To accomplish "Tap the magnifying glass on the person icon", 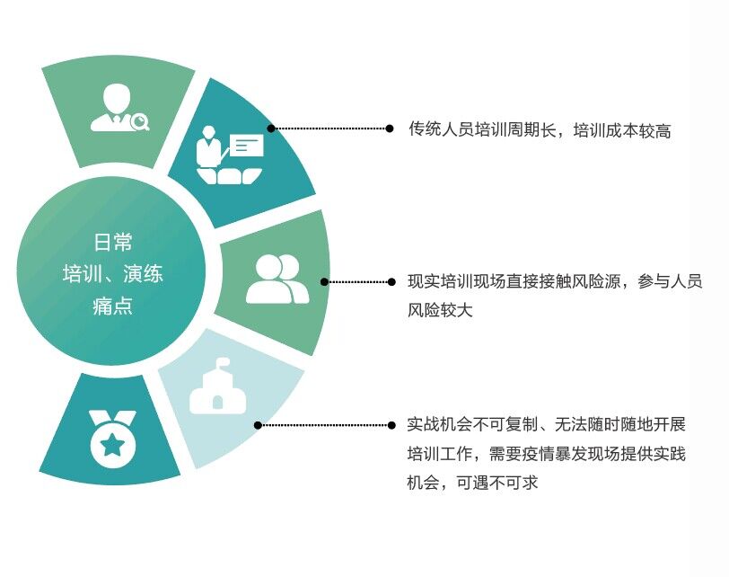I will coord(139,121).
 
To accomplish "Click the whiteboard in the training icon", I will coord(246,145).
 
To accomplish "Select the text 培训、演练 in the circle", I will coord(113,274).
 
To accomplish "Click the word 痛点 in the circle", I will coord(113,306).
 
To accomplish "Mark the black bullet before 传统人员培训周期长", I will coord(390,129).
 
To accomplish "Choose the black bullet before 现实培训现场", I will coord(390,281).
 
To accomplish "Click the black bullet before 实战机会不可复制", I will coord(390,424).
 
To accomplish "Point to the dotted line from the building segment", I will coord(323,424).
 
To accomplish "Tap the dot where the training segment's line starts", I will coord(271,129).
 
